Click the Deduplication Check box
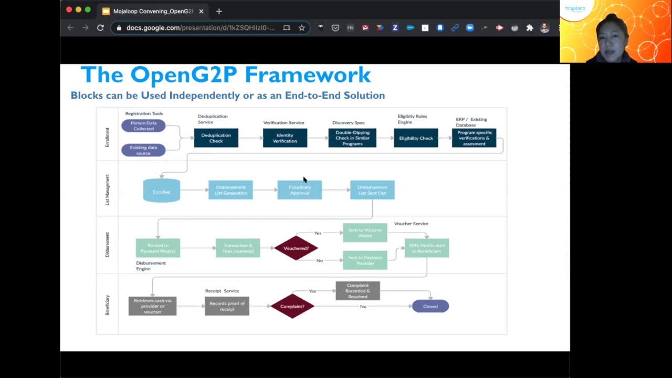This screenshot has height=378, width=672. tap(216, 138)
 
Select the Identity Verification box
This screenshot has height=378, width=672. tap(285, 138)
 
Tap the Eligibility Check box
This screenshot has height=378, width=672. tap(416, 138)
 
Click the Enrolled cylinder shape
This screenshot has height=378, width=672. tap(162, 191)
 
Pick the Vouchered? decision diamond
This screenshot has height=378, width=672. tap(296, 248)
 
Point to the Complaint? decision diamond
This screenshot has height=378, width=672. tap(292, 306)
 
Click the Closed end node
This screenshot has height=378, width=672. tap(430, 306)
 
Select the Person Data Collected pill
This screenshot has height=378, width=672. tap(143, 126)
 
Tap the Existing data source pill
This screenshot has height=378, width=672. tap(143, 150)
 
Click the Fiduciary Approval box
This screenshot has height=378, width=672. tap(299, 190)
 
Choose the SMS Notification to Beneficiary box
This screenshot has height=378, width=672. tap(426, 248)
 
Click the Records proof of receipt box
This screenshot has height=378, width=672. tap(227, 306)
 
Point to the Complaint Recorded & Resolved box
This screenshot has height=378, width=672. tap(358, 291)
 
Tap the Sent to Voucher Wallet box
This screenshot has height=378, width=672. tap(365, 233)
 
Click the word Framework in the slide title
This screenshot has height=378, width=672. tap(308, 75)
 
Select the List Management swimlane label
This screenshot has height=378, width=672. tap(108, 190)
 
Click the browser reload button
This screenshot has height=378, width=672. tap(100, 28)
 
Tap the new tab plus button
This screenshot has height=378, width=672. tap(219, 11)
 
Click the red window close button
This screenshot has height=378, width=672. tap(69, 10)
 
